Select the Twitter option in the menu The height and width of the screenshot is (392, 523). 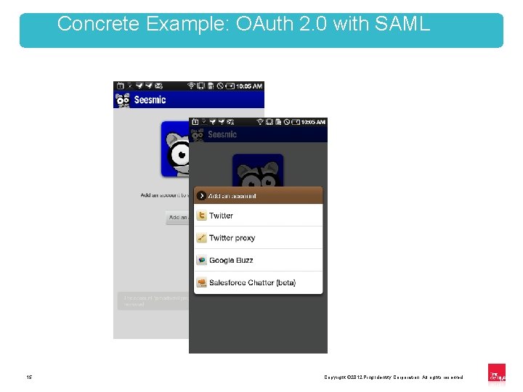coord(221,216)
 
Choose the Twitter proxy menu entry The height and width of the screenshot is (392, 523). coord(232,238)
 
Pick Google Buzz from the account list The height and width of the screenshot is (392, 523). coord(231,261)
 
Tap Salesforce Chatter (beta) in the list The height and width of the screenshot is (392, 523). coord(252,282)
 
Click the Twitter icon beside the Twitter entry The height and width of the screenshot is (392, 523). coord(202,216)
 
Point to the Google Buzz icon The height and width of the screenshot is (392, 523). coord(202,261)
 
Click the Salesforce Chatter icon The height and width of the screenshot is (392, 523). coord(202,282)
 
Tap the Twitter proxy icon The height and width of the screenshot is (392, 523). coord(202,238)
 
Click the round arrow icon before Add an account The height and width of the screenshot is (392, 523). coord(201,196)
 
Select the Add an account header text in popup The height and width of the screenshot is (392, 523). coord(232,196)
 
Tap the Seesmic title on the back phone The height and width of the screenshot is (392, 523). coord(150,99)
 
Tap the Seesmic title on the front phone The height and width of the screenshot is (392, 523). coord(222,134)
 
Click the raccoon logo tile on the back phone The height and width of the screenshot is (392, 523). coord(174,149)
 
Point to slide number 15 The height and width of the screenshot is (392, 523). coord(29,377)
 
